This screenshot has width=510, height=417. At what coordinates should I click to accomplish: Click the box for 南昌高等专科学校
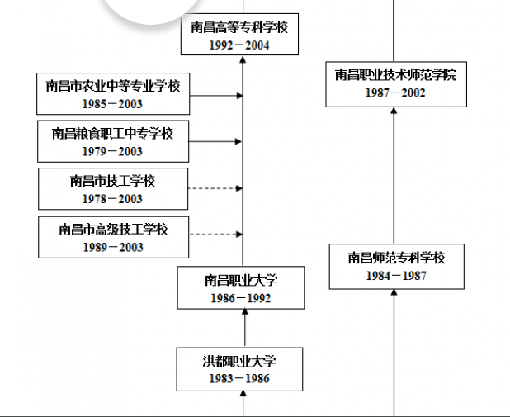point(239,27)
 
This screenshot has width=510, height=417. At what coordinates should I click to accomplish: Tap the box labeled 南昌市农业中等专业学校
point(113,85)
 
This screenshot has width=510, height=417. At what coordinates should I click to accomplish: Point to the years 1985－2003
point(113,104)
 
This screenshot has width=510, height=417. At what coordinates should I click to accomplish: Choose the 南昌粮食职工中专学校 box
point(113,132)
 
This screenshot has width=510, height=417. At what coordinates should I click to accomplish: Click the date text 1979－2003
point(113,151)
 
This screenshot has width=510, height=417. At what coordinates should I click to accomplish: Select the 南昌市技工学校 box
point(113,180)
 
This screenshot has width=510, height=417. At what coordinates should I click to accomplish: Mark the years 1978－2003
point(113,199)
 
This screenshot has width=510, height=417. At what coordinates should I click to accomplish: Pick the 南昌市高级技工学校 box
point(113,229)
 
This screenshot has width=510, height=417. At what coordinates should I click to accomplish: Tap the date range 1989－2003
point(113,247)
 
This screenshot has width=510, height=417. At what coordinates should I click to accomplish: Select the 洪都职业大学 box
point(239,361)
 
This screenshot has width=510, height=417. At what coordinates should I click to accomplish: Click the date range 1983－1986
point(239,379)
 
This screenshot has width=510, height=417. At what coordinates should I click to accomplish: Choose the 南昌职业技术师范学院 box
point(395,75)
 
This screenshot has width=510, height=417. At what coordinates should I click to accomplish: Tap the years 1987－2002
point(395,93)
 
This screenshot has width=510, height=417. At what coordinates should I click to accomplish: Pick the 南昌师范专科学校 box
point(396,258)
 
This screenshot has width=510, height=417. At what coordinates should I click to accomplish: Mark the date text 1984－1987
point(396,276)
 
